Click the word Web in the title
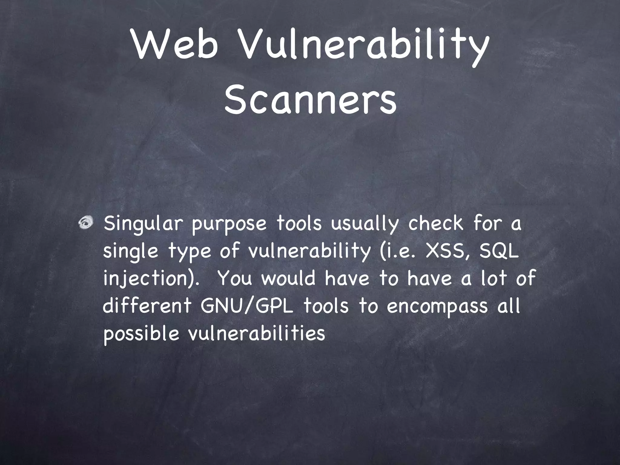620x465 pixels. (x=175, y=46)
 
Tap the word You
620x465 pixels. (x=235, y=278)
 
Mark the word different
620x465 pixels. (x=147, y=306)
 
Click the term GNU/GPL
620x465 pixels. (x=247, y=306)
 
